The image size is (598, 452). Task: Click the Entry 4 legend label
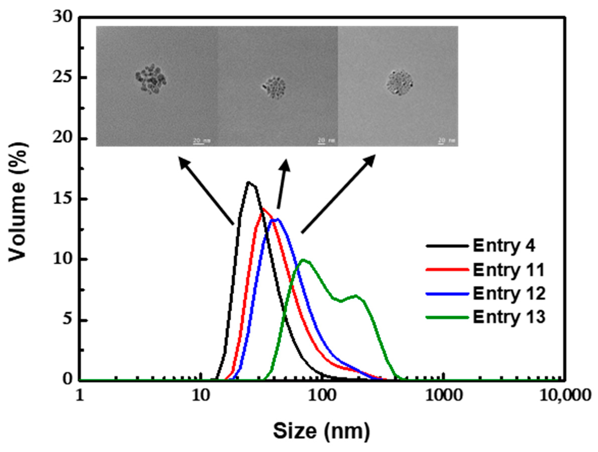point(504,246)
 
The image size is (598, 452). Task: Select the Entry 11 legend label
point(508,270)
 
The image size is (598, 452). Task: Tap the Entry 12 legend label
point(509,293)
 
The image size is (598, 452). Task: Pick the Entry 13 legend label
point(509,317)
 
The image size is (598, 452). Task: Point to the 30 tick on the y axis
point(63,17)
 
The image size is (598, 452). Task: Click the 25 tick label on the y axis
point(63,77)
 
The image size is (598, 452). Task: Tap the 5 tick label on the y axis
point(68,320)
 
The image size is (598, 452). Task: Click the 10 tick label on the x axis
point(200,396)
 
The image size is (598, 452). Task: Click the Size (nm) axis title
point(321,431)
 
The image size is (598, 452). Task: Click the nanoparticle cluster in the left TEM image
point(151,79)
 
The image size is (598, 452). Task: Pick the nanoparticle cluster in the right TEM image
point(400,82)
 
